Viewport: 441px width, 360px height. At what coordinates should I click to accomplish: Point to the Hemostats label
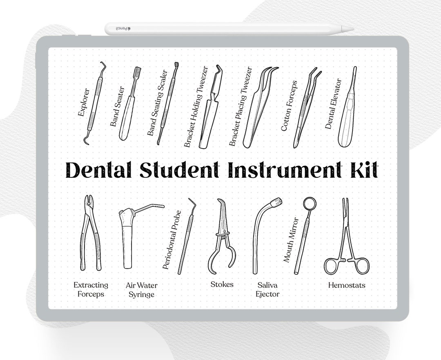[347, 285]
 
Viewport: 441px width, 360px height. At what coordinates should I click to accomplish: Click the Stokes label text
[222, 284]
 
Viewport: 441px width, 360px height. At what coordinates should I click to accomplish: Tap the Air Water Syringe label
[141, 290]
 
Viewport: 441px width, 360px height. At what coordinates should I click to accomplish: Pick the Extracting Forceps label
[91, 289]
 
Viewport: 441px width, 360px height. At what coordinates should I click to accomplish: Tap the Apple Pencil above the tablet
[229, 29]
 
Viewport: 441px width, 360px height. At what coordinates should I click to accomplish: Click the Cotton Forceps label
[289, 105]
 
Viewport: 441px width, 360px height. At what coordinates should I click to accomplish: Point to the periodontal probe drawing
[186, 237]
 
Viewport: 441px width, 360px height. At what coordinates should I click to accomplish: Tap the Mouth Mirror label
[291, 240]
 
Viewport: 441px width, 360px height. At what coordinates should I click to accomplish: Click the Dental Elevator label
[333, 103]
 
